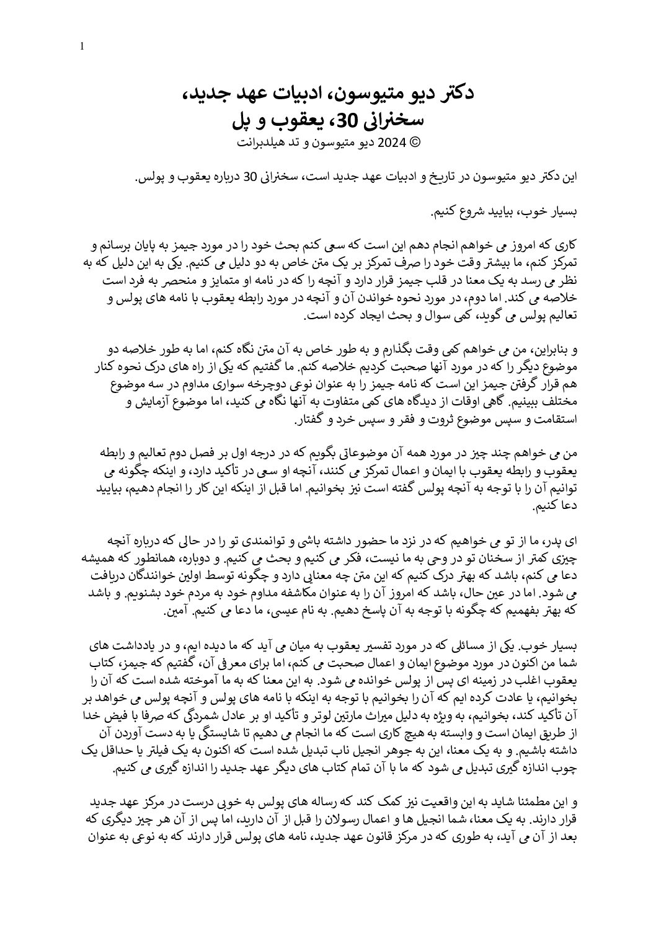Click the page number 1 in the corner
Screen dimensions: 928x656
(x=83, y=46)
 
